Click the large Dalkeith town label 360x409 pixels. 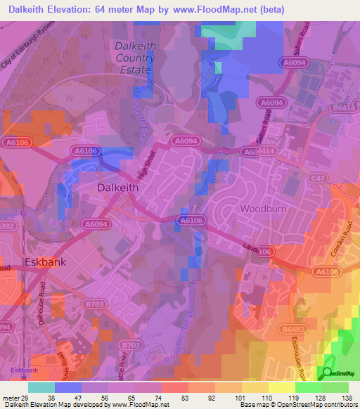tap(117, 188)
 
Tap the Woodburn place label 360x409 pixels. tap(264, 209)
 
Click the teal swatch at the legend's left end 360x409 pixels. tap(41, 387)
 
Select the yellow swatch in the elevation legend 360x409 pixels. tap(255, 387)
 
